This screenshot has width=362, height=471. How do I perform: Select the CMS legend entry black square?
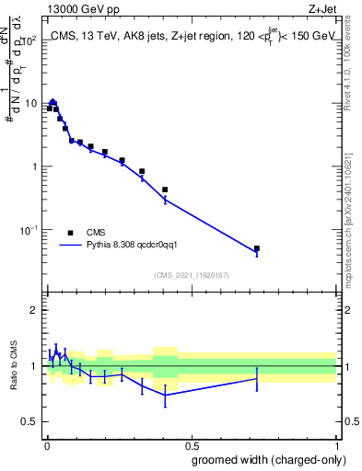point(70,233)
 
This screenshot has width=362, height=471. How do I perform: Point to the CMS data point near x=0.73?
point(257,248)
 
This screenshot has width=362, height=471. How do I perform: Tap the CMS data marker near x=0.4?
point(164,190)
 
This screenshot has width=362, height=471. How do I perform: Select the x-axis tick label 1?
point(336,444)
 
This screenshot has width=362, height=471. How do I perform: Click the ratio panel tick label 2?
point(33,310)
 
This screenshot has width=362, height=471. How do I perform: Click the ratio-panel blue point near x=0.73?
point(257,378)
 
